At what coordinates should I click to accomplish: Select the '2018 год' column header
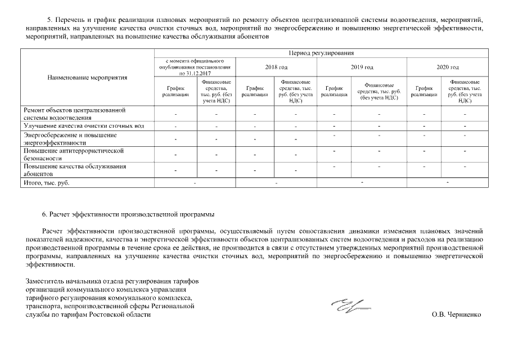[276, 67]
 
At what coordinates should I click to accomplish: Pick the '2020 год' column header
[448, 67]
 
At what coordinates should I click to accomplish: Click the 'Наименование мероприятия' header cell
[87, 78]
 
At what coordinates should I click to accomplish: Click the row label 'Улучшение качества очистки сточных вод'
[84, 126]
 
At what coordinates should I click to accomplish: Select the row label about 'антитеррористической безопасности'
[74, 155]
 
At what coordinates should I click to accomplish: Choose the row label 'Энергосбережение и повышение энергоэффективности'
[70, 139]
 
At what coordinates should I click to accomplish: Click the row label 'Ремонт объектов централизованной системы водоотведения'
[74, 114]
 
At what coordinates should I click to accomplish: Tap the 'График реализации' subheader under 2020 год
[424, 92]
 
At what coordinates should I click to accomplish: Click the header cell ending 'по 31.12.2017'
[195, 67]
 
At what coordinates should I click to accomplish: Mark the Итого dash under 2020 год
[448, 183]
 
